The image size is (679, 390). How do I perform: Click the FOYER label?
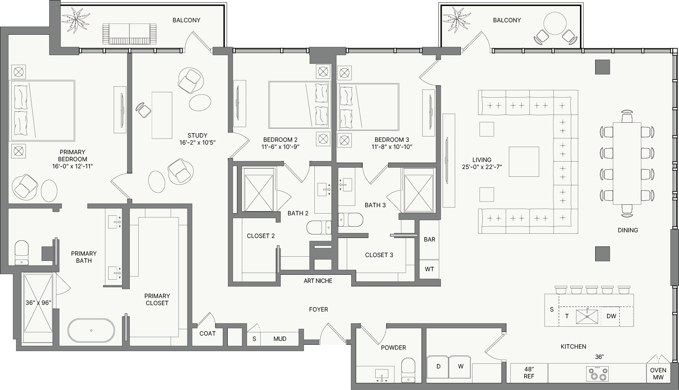(318, 309)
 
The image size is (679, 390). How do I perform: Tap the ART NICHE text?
(318, 281)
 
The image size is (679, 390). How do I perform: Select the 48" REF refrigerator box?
(529, 373)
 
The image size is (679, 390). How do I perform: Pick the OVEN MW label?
(658, 374)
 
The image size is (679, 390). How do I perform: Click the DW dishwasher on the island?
(611, 316)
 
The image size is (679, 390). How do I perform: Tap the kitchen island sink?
(587, 316)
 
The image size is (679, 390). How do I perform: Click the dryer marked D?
(438, 369)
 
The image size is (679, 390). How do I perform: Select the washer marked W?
(460, 369)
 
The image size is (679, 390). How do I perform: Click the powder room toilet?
(408, 370)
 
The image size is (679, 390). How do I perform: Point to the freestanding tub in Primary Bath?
(91, 330)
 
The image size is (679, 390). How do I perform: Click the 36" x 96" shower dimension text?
(38, 303)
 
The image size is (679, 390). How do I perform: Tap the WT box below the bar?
(429, 269)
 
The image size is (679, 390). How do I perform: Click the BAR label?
(429, 239)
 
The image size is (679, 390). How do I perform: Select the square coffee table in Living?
(524, 162)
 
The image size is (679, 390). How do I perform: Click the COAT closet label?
(207, 333)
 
